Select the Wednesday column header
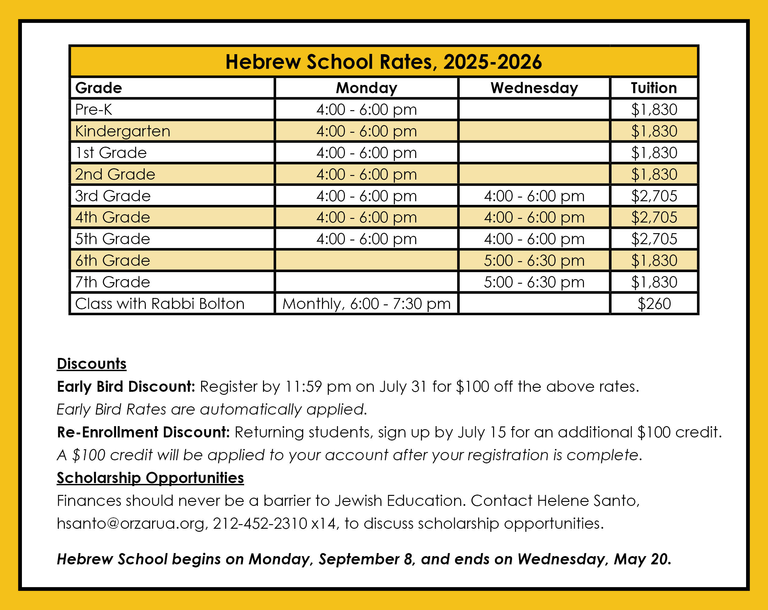(x=534, y=88)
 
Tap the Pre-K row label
(x=94, y=109)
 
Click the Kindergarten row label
(x=123, y=131)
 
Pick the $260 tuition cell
(x=654, y=304)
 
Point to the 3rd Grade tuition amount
(x=654, y=196)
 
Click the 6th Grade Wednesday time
(x=534, y=261)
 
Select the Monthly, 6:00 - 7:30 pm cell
(x=366, y=304)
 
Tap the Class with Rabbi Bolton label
(x=160, y=304)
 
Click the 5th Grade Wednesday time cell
(x=534, y=239)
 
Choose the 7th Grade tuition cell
(x=654, y=282)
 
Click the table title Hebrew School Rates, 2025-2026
(x=384, y=62)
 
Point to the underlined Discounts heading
(x=92, y=364)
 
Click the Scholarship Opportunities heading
(x=150, y=478)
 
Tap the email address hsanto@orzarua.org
(x=131, y=524)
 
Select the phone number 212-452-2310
(x=260, y=524)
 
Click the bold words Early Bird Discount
(x=126, y=387)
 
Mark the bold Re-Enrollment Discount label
(x=143, y=432)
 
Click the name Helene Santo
(x=588, y=501)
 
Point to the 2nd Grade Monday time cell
(x=366, y=174)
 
